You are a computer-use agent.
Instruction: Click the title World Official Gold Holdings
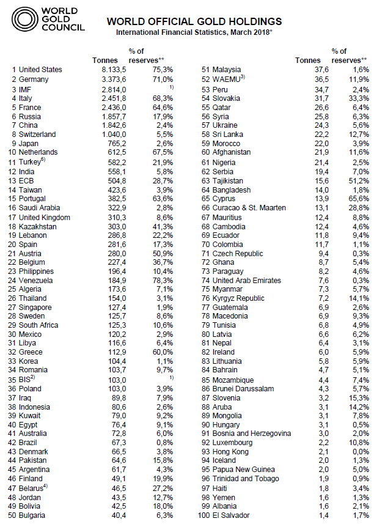(194, 21)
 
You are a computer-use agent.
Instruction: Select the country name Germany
(34, 79)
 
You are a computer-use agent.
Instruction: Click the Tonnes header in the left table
(104, 60)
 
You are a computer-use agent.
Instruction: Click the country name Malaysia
(226, 70)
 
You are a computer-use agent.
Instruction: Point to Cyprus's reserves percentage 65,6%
(357, 198)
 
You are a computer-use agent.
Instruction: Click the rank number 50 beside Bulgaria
(12, 515)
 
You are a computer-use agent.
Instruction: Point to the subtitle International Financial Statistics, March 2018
(194, 32)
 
